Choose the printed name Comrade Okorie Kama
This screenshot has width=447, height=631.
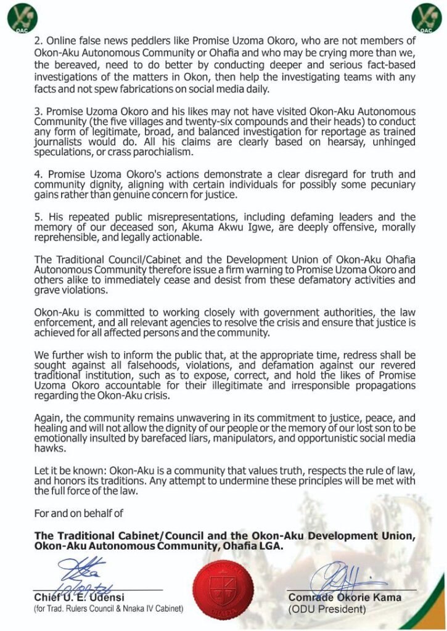pos(345,597)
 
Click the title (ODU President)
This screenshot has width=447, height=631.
pos(327,609)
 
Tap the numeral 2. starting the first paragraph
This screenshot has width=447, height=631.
pos(38,41)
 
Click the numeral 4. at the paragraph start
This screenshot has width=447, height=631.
pos(38,174)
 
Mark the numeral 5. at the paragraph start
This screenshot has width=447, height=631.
pos(38,218)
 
